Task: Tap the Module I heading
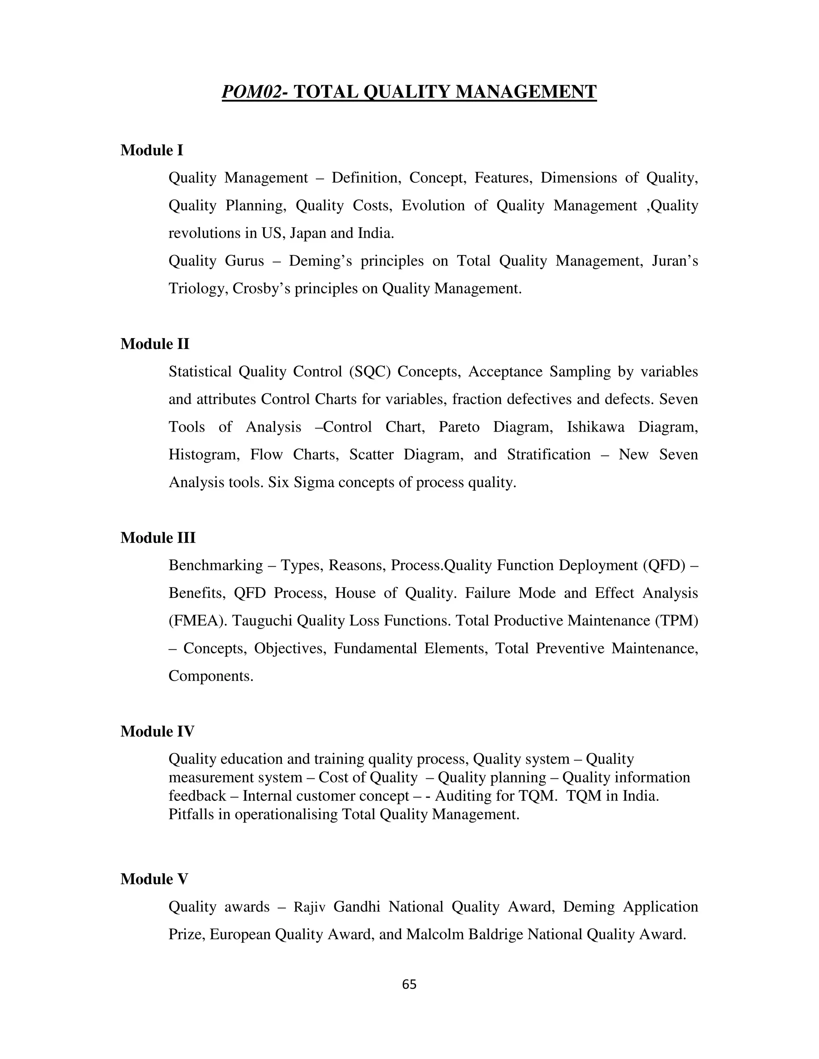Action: (x=152, y=150)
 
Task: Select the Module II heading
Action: (x=154, y=344)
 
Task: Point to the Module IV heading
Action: (x=157, y=731)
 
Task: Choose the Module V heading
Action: (x=154, y=879)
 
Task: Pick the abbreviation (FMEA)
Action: (x=198, y=621)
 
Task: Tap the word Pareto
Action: (x=459, y=427)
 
